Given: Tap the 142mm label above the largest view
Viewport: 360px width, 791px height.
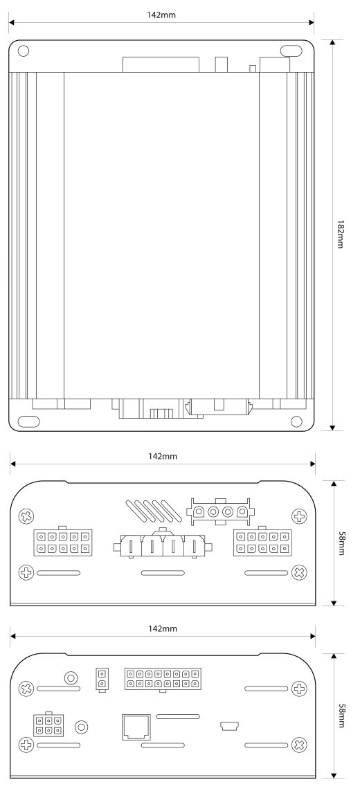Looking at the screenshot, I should coord(163,14).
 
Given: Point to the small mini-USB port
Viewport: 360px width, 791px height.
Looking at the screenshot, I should coord(229,726).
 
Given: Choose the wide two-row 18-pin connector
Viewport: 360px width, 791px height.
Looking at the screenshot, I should coord(163,678).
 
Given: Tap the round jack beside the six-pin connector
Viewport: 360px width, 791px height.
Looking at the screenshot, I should coord(82,727).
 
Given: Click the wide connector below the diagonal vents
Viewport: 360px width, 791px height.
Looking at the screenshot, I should coord(163,545).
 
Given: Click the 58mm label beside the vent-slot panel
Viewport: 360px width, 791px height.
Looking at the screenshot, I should coord(341,543).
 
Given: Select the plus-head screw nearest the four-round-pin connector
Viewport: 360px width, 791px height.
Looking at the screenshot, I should coord(299,516).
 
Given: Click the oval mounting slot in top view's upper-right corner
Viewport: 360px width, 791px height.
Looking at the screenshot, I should coord(291,51).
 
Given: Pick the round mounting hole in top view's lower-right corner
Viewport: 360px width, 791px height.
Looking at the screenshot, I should coord(297,421).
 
